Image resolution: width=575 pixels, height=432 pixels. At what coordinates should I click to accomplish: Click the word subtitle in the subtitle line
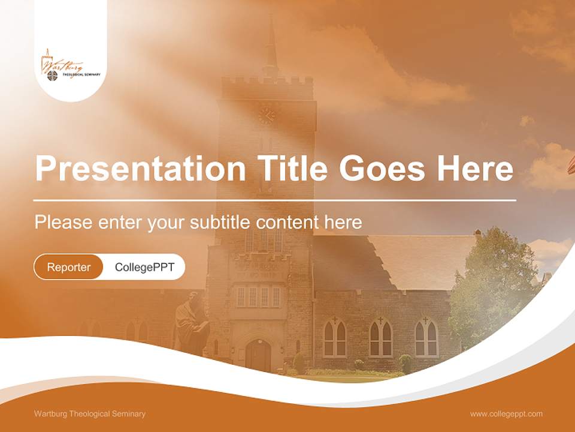(221, 223)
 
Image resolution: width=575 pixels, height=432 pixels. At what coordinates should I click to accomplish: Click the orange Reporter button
(68, 267)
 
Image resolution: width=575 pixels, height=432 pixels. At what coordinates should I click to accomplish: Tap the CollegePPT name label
(144, 267)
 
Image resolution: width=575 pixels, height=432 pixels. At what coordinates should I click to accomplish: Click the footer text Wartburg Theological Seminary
(90, 414)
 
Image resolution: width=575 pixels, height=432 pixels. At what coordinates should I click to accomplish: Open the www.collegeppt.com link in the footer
(506, 414)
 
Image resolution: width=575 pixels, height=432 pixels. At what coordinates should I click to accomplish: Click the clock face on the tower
(267, 115)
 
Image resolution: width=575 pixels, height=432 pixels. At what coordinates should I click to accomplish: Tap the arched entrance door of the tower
(258, 355)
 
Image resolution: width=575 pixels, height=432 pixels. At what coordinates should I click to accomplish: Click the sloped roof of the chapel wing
(419, 258)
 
